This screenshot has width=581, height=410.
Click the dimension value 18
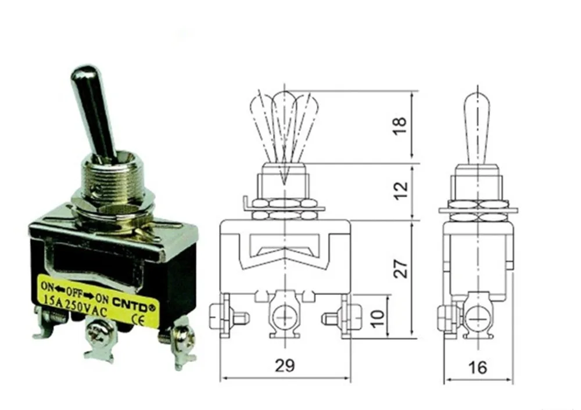pos(401,126)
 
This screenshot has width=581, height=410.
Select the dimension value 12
pos(401,190)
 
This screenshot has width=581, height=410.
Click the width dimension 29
pos(285,365)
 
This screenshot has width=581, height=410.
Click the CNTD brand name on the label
pos(137,298)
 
